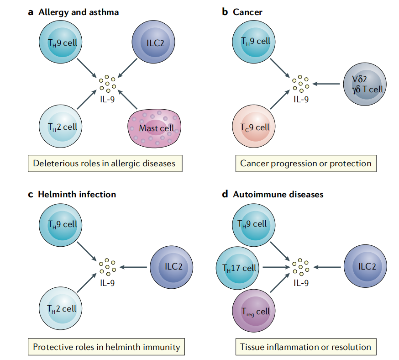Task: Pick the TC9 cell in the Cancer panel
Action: [x=255, y=127]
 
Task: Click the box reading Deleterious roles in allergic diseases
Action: [x=105, y=163]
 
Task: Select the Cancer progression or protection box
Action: [x=306, y=163]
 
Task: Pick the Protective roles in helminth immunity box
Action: [x=106, y=347]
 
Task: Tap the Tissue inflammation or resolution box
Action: [x=306, y=347]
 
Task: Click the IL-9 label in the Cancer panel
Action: [x=300, y=98]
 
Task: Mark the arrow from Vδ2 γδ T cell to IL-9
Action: [x=328, y=84]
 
